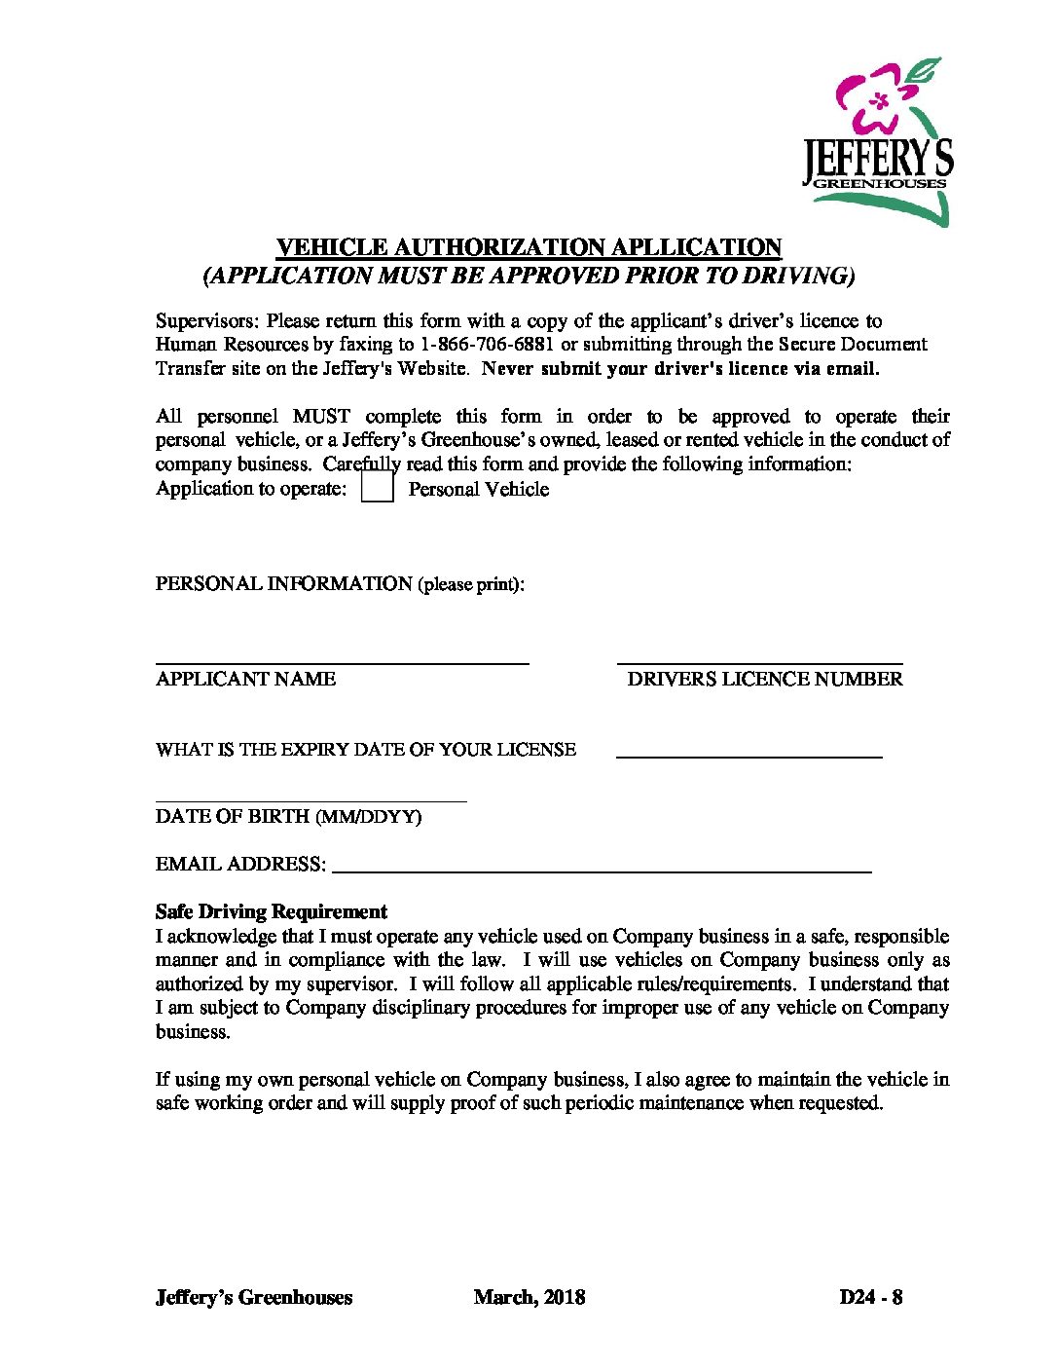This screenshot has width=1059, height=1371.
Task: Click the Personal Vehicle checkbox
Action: [377, 487]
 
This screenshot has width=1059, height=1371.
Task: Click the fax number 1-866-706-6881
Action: [485, 344]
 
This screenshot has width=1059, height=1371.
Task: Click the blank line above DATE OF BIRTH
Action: [310, 800]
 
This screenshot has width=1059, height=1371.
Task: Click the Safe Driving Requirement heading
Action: [272, 911]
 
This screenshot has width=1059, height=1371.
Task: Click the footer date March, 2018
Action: [529, 1297]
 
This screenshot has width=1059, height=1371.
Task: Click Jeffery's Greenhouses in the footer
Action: [254, 1297]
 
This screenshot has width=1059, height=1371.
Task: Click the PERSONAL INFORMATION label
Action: [284, 583]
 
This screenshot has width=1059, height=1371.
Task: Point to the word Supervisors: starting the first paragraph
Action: [208, 320]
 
